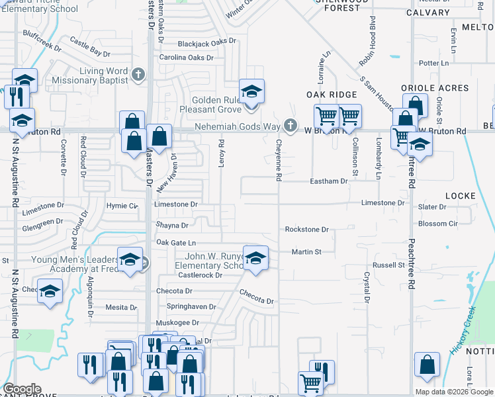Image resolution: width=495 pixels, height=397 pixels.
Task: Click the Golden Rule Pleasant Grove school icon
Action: (x=251, y=91)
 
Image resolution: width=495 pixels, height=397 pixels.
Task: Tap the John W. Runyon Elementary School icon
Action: (x=255, y=258)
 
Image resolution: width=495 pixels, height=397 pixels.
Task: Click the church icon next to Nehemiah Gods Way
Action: (x=289, y=125)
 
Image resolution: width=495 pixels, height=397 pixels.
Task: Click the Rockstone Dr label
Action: (x=306, y=230)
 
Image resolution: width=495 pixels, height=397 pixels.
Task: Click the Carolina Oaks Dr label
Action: (x=186, y=58)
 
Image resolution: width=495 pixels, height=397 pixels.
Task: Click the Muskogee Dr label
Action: (x=177, y=323)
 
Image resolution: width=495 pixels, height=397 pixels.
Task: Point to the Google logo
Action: (x=22, y=389)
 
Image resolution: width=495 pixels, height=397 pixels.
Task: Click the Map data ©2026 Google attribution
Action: (x=454, y=392)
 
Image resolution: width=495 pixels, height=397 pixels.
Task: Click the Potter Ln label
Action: (x=434, y=63)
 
